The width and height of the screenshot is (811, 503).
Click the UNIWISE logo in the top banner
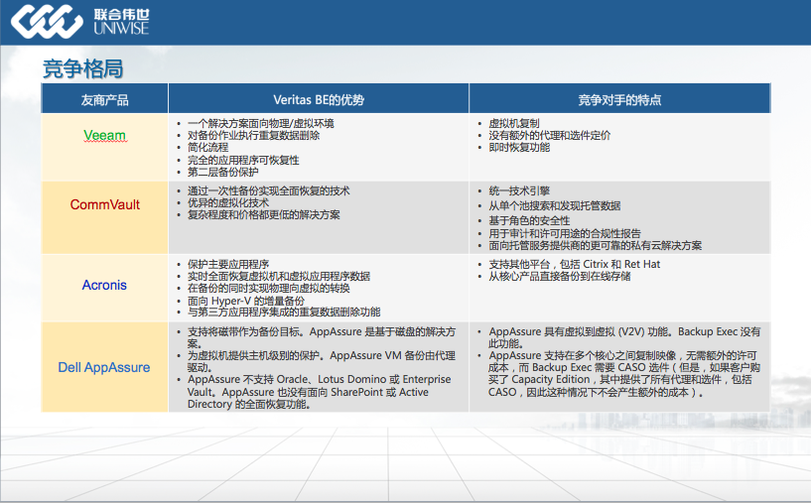(80, 21)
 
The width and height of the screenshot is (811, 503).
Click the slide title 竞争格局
(82, 68)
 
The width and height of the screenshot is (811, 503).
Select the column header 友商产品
(104, 100)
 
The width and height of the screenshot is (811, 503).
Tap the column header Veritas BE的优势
(319, 100)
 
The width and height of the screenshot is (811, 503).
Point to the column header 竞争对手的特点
(619, 100)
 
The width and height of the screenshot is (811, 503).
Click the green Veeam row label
(104, 136)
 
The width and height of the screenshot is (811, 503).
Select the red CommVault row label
(105, 204)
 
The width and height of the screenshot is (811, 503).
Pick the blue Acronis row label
(104, 285)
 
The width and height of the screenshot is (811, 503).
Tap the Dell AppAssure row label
(104, 367)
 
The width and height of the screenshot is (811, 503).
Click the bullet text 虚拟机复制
(514, 124)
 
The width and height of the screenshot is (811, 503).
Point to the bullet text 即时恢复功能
(519, 148)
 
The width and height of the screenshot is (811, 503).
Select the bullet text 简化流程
(207, 148)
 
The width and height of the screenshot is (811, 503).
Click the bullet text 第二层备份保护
(223, 172)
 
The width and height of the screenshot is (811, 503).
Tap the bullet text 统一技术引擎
(519, 190)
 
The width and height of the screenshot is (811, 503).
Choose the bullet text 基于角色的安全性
(529, 220)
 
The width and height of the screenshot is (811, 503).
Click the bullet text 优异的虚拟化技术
(228, 202)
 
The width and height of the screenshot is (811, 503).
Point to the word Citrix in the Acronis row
(596, 264)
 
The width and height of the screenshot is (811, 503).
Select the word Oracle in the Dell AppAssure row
(294, 379)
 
